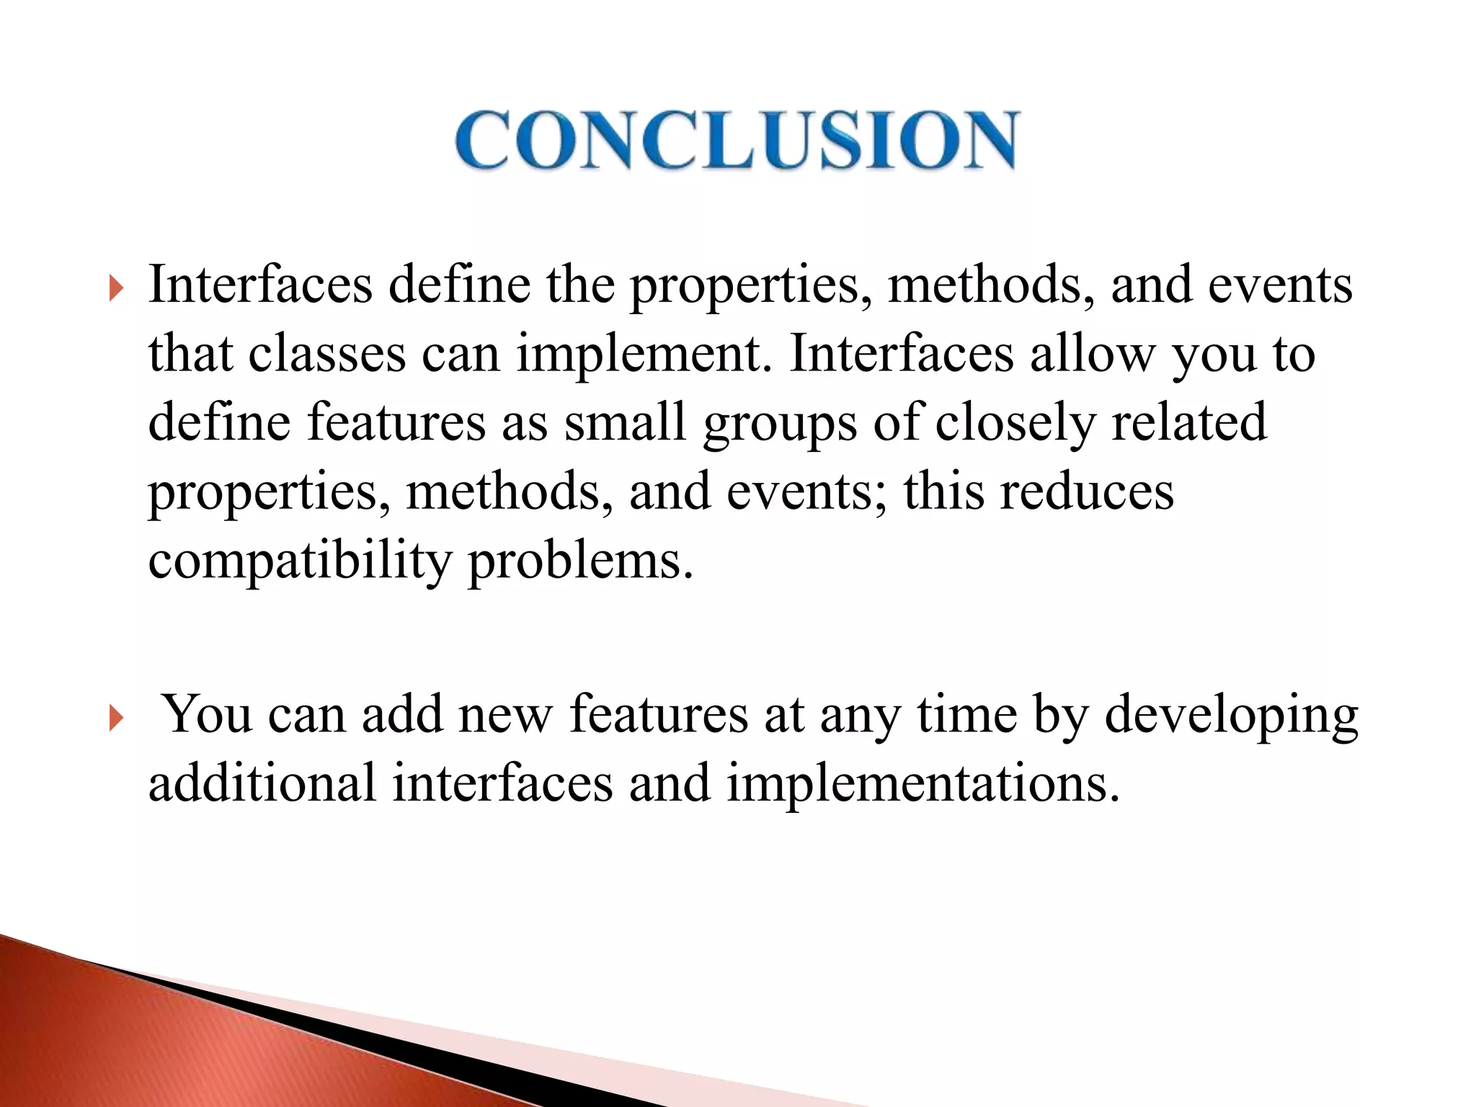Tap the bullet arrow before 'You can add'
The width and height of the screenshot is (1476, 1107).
[116, 719]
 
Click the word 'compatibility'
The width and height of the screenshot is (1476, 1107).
[299, 562]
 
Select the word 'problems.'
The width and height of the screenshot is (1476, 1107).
[581, 562]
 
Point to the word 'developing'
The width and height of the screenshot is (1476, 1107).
[1231, 716]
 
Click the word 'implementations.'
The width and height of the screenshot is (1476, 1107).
[923, 784]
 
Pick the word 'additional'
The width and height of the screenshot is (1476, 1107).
[262, 784]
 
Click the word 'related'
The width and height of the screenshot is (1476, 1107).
[1188, 424]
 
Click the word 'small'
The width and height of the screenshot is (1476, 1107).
[625, 424]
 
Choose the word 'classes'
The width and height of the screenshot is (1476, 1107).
[327, 355]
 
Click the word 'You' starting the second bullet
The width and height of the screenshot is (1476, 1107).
[206, 716]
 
